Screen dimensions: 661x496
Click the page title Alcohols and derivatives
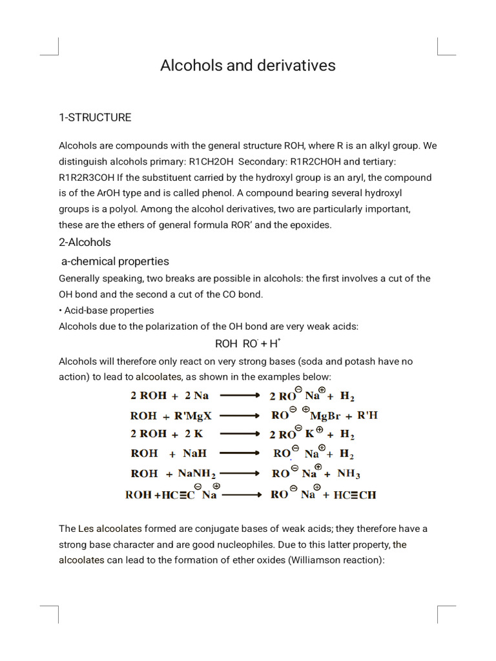click(248, 65)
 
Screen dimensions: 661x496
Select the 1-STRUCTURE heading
click(95, 117)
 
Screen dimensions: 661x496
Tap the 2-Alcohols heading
click(85, 242)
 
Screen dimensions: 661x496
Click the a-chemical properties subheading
click(115, 261)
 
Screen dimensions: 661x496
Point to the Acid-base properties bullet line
click(108, 310)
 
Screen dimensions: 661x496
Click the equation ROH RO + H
click(248, 343)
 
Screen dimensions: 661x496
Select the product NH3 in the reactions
click(349, 474)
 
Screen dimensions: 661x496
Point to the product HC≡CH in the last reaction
click(355, 495)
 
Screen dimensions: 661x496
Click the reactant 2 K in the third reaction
click(191, 434)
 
